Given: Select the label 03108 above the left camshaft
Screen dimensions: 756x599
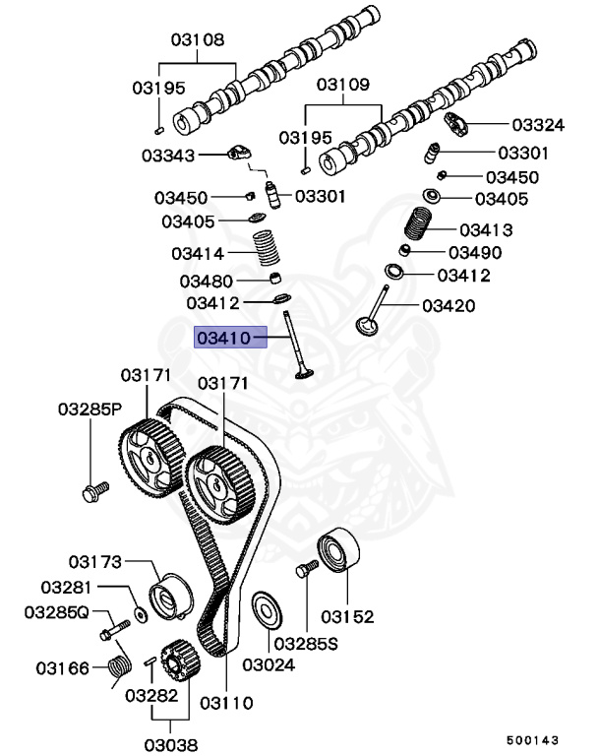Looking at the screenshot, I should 197,40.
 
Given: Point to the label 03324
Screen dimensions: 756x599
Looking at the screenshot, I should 538,125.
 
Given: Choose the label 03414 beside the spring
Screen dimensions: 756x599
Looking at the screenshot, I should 198,253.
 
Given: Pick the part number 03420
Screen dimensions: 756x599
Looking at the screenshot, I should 449,305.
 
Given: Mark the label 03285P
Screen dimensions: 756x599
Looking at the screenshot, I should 89,408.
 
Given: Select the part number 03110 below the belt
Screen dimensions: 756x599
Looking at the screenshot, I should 226,703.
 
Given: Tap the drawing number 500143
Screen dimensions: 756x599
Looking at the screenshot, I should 532,737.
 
